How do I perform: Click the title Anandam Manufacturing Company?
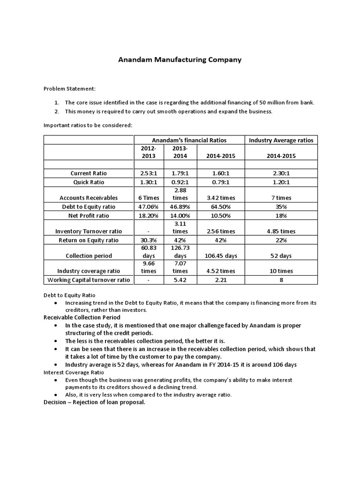coord(180,60)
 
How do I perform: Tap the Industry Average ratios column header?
coord(281,140)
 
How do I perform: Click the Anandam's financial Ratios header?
coord(189,140)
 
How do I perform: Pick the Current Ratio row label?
coord(89,173)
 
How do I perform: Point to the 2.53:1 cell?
coord(149,173)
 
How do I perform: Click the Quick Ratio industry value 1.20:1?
coord(281,182)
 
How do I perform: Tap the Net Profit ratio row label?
coord(89,215)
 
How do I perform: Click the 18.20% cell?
coord(149,215)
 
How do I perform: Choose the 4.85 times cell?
coord(281,231)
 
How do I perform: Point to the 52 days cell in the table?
coord(281,255)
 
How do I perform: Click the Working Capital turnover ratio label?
coord(89,280)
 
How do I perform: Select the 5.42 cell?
coord(180,280)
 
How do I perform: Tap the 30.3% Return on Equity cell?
coord(149,240)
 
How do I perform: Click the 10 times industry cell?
coord(281,271)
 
